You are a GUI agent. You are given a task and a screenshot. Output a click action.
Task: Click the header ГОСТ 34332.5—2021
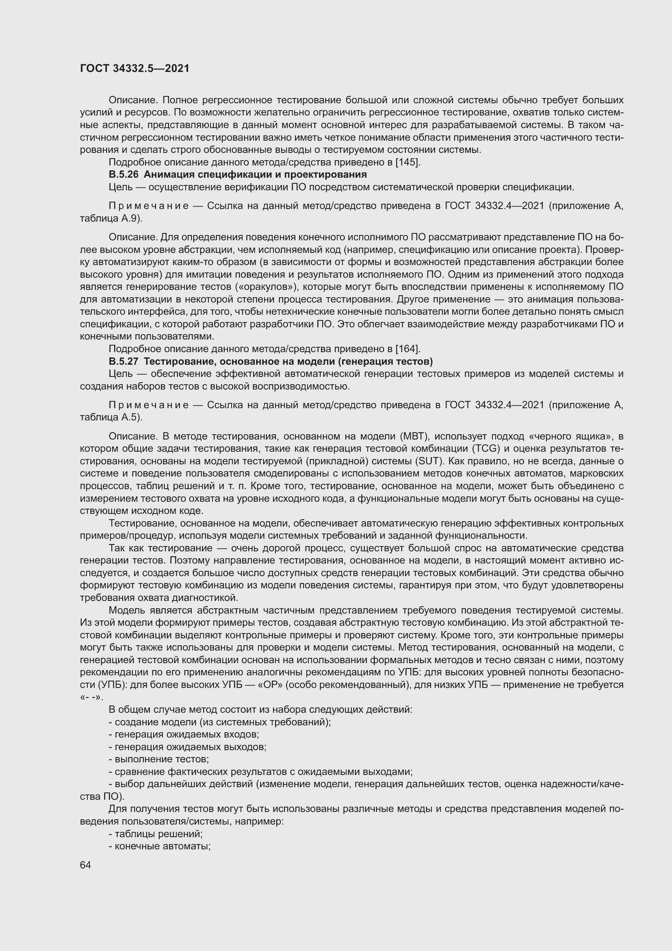click(134, 68)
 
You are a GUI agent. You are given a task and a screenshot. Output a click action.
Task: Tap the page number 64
click(85, 865)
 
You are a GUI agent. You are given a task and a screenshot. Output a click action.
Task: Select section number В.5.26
click(124, 174)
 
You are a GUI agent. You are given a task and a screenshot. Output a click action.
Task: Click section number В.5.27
click(124, 361)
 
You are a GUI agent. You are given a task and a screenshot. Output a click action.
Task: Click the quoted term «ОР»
click(270, 685)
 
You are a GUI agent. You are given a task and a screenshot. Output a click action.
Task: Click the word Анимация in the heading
click(169, 174)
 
